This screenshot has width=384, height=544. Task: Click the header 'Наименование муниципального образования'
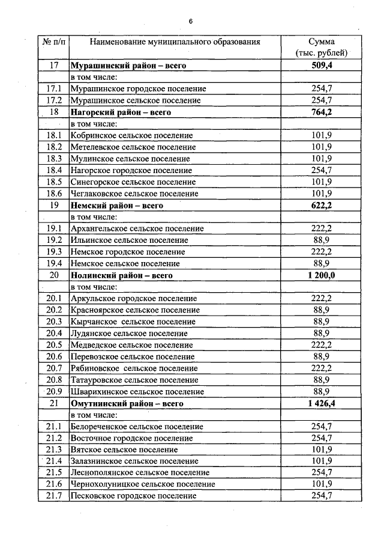click(175, 42)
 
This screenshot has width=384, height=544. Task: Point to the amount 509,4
click(322, 66)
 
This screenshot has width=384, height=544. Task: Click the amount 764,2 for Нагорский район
click(322, 112)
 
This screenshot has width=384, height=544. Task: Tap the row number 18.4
click(54, 171)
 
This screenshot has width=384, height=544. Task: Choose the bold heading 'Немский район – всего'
click(117, 206)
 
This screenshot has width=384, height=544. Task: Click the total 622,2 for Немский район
click(322, 206)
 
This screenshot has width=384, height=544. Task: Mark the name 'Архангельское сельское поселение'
click(137, 229)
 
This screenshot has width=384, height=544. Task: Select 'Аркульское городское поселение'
click(134, 299)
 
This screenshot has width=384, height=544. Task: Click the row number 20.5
click(54, 345)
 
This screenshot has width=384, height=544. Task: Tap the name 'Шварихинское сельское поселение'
click(137, 392)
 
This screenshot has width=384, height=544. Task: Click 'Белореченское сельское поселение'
click(137, 427)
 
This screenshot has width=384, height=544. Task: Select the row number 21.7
click(54, 496)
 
